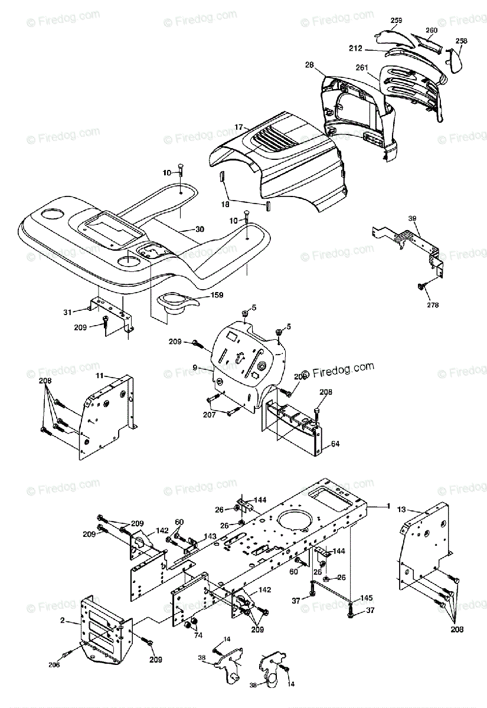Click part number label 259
click(x=396, y=21)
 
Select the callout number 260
click(x=431, y=30)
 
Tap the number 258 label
click(x=462, y=41)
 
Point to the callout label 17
click(x=238, y=127)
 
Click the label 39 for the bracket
click(x=412, y=218)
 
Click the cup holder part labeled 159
click(x=175, y=304)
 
